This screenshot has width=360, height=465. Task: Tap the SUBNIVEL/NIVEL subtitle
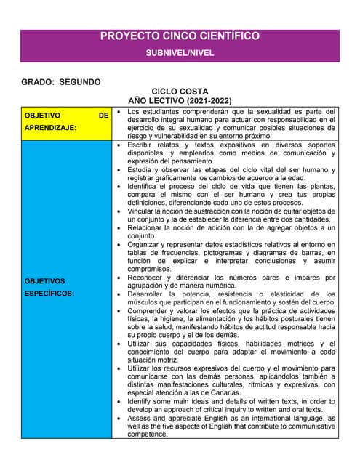click(x=180, y=54)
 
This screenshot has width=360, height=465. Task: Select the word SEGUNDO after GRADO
click(x=80, y=82)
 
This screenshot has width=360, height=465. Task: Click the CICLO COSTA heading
click(x=180, y=92)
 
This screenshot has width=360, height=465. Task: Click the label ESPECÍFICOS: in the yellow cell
click(x=49, y=294)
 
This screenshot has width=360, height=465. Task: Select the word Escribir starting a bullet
click(x=143, y=145)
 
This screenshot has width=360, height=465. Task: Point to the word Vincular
click(x=143, y=211)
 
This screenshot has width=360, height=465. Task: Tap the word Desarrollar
click(x=148, y=294)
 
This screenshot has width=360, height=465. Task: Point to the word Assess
click(x=141, y=418)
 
